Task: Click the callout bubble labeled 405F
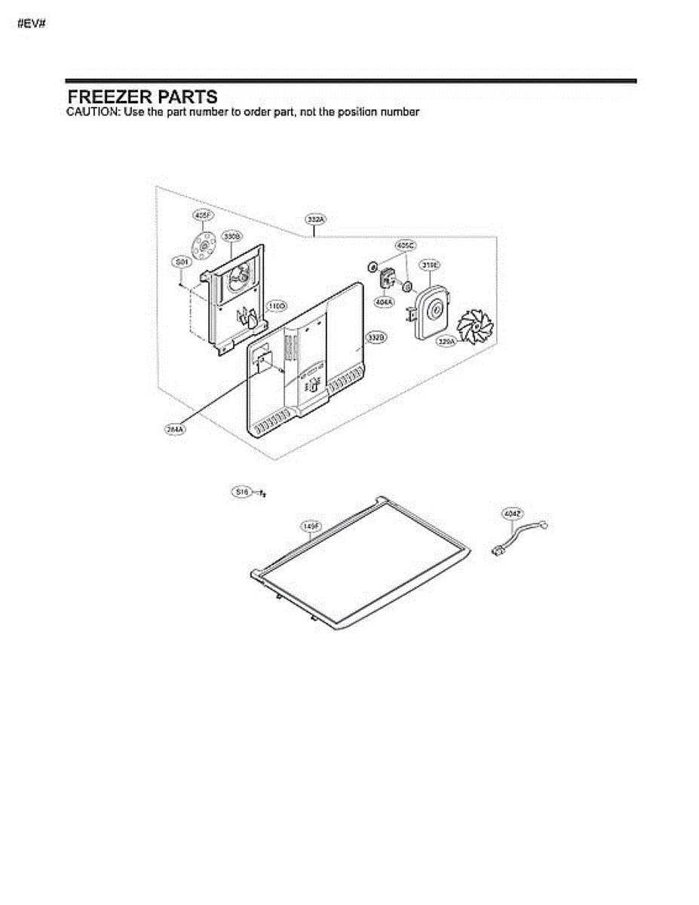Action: tap(201, 216)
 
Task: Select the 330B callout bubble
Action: tap(231, 236)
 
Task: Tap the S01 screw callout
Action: tap(181, 262)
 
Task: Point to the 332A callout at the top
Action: tap(315, 219)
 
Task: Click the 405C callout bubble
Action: tap(406, 245)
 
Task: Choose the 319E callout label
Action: tap(431, 265)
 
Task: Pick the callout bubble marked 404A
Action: tap(385, 302)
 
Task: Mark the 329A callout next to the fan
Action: tap(447, 342)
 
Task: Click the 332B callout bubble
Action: tap(376, 337)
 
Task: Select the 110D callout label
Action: tap(276, 306)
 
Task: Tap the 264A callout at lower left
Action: tap(175, 429)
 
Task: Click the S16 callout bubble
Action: tap(241, 492)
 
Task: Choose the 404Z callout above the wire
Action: tap(513, 514)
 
